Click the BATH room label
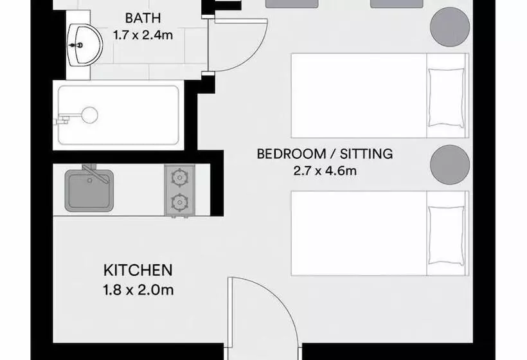tap(143, 17)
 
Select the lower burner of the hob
tap(178, 203)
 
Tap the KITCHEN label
tap(138, 270)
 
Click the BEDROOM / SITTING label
tap(325, 154)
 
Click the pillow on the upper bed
tap(445, 96)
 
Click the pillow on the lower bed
tap(445, 234)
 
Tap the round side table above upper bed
tap(449, 25)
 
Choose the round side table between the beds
tap(449, 164)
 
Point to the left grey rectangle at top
tap(291, 4)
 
